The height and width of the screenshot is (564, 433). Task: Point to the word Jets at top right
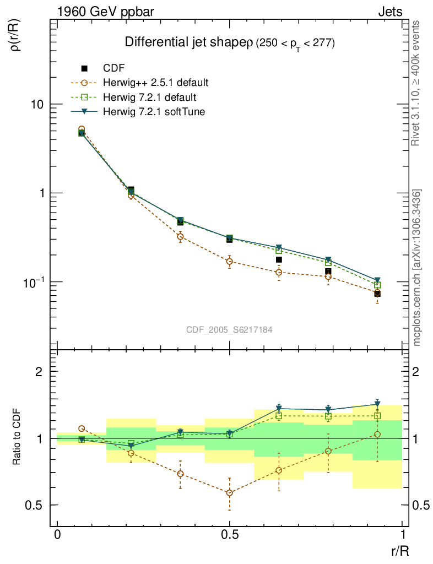(389, 12)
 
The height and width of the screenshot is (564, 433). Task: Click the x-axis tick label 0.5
(230, 535)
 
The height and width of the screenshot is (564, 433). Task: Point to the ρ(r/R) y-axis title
(17, 36)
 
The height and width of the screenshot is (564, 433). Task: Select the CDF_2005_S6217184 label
(230, 329)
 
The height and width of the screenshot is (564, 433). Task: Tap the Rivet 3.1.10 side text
(417, 83)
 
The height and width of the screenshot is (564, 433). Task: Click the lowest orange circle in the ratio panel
(230, 493)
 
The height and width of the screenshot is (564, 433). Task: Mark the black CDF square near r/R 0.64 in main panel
(279, 259)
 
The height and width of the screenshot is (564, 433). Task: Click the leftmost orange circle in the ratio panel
(82, 428)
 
